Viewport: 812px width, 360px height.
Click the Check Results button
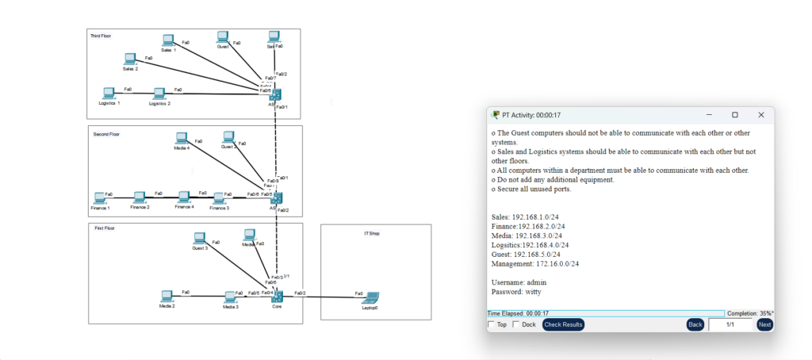[563, 324]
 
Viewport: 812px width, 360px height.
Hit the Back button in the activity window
[695, 324]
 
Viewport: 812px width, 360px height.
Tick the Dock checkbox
[518, 324]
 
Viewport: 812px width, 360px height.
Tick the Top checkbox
[492, 324]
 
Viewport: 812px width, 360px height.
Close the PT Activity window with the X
[761, 115]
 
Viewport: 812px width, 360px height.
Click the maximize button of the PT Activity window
[735, 115]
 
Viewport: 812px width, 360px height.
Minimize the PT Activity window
[708, 115]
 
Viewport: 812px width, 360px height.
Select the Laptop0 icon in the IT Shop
[370, 298]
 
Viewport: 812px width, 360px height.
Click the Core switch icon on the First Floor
[278, 296]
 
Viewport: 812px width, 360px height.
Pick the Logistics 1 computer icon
[109, 94]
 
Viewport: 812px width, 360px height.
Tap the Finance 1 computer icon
[99, 197]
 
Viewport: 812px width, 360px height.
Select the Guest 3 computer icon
[201, 238]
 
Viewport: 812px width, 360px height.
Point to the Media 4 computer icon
[182, 139]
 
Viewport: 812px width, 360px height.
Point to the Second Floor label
[106, 134]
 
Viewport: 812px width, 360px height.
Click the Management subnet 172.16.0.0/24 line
[535, 263]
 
